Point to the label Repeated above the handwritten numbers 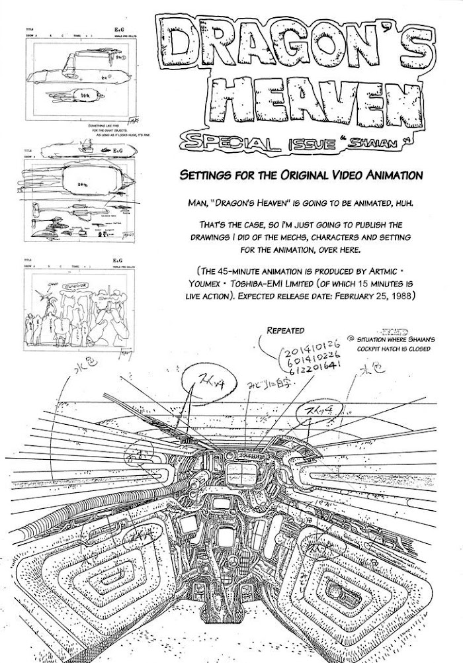285,330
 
